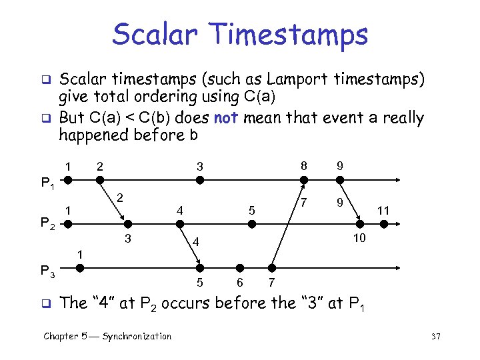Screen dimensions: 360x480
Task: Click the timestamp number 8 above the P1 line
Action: pyautogui.click(x=303, y=164)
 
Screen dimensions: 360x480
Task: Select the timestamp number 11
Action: pyautogui.click(x=383, y=211)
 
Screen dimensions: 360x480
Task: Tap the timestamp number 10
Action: pyautogui.click(x=359, y=238)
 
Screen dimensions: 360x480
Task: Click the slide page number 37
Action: pyautogui.click(x=436, y=337)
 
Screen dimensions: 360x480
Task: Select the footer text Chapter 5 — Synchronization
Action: pyautogui.click(x=107, y=337)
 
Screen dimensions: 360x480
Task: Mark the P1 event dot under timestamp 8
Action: pyautogui.click(x=303, y=180)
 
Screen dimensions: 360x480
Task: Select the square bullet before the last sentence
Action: pyautogui.click(x=47, y=302)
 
